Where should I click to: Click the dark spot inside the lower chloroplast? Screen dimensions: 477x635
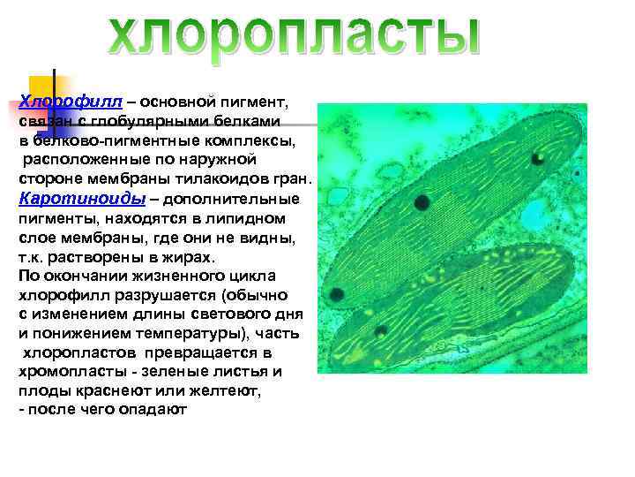pos(381,332)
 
